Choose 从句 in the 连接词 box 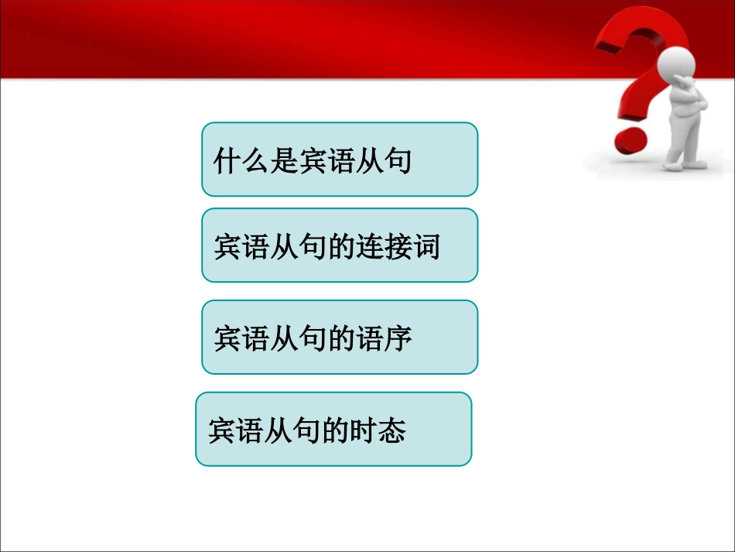coord(297,248)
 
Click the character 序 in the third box coord(397,339)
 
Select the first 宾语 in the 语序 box coord(241,339)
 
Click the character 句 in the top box coord(396,163)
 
